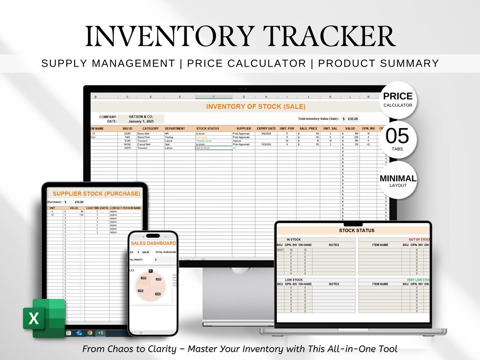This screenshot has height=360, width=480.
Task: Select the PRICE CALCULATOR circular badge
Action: (x=398, y=100)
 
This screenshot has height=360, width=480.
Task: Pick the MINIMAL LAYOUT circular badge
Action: (x=398, y=180)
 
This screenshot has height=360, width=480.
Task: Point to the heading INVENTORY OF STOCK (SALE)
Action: (x=256, y=107)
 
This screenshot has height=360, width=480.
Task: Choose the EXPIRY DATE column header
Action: (x=266, y=128)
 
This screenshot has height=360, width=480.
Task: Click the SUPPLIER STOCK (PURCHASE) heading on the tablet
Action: (x=96, y=194)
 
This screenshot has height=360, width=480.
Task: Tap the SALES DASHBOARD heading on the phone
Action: (x=153, y=243)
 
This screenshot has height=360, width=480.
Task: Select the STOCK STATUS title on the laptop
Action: (x=356, y=231)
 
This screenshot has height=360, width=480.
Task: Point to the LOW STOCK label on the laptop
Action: (x=294, y=280)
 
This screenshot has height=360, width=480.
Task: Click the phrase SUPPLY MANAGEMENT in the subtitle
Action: (x=108, y=64)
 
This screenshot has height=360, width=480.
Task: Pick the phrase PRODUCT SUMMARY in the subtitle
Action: (x=378, y=64)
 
